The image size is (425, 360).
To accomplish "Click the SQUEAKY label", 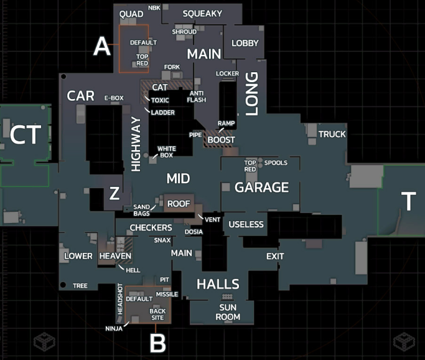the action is [x=202, y=14].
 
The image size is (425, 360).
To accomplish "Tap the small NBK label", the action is [x=154, y=8].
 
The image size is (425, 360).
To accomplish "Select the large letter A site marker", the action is [x=102, y=46].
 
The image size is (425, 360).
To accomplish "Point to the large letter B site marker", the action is [x=158, y=343].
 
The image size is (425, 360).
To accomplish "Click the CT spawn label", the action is [x=26, y=135].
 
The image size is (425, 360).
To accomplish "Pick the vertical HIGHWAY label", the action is [x=136, y=144].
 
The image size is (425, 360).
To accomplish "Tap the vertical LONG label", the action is [x=252, y=93].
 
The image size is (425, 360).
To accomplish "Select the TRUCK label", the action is [x=332, y=134].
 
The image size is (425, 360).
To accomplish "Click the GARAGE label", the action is [x=261, y=187].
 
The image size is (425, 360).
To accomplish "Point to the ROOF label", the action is [x=179, y=204].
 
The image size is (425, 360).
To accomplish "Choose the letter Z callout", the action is [x=114, y=193].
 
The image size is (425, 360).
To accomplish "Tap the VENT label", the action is [x=212, y=219].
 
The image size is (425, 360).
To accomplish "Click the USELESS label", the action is [x=246, y=224].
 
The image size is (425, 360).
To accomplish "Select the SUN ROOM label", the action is [x=228, y=312].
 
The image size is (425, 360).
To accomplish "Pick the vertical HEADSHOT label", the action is [x=120, y=299].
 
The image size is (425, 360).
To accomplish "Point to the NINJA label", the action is [x=114, y=328].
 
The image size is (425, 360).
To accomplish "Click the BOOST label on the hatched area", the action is [x=221, y=140].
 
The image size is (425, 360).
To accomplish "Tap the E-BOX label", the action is [x=114, y=98].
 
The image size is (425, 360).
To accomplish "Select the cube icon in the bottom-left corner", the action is [x=44, y=341].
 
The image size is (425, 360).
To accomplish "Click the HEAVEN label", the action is [x=115, y=256].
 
